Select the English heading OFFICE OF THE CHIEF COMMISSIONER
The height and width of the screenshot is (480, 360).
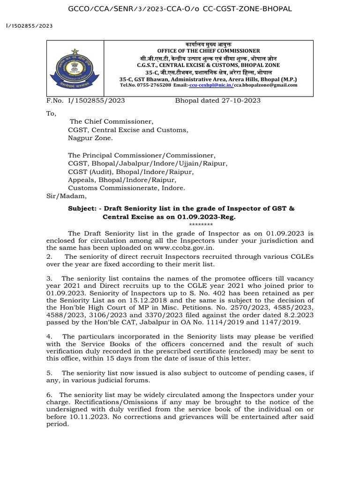[208, 51]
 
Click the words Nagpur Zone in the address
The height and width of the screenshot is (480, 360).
[90, 138]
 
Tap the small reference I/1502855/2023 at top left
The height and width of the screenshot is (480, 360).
[29, 26]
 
